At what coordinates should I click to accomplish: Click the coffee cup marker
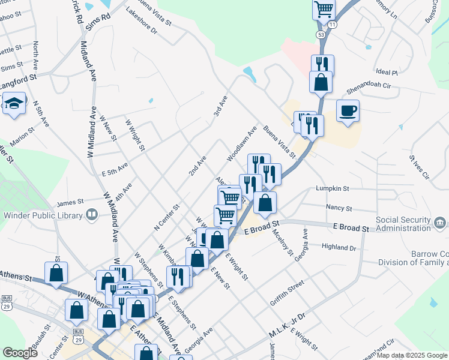click(348, 110)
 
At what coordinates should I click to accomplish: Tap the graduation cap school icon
click(14, 104)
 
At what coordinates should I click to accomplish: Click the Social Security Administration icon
click(440, 223)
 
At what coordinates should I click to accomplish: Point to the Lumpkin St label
click(333, 188)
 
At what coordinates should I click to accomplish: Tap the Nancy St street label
click(339, 208)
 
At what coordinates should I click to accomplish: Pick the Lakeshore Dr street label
click(141, 20)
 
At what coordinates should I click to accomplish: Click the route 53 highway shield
click(322, 35)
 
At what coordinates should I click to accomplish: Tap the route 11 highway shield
click(333, 25)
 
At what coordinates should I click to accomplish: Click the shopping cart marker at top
click(324, 9)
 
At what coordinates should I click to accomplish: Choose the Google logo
click(20, 353)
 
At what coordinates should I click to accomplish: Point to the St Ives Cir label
click(420, 167)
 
